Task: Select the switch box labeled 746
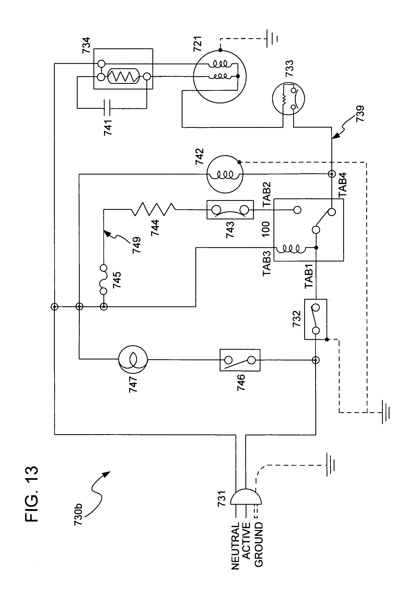tap(240, 360)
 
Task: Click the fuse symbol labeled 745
tap(103, 280)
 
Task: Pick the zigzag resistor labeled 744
tap(153, 209)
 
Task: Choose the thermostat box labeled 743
tap(230, 210)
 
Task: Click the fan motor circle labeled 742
tap(225, 174)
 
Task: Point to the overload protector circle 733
tap(288, 99)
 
